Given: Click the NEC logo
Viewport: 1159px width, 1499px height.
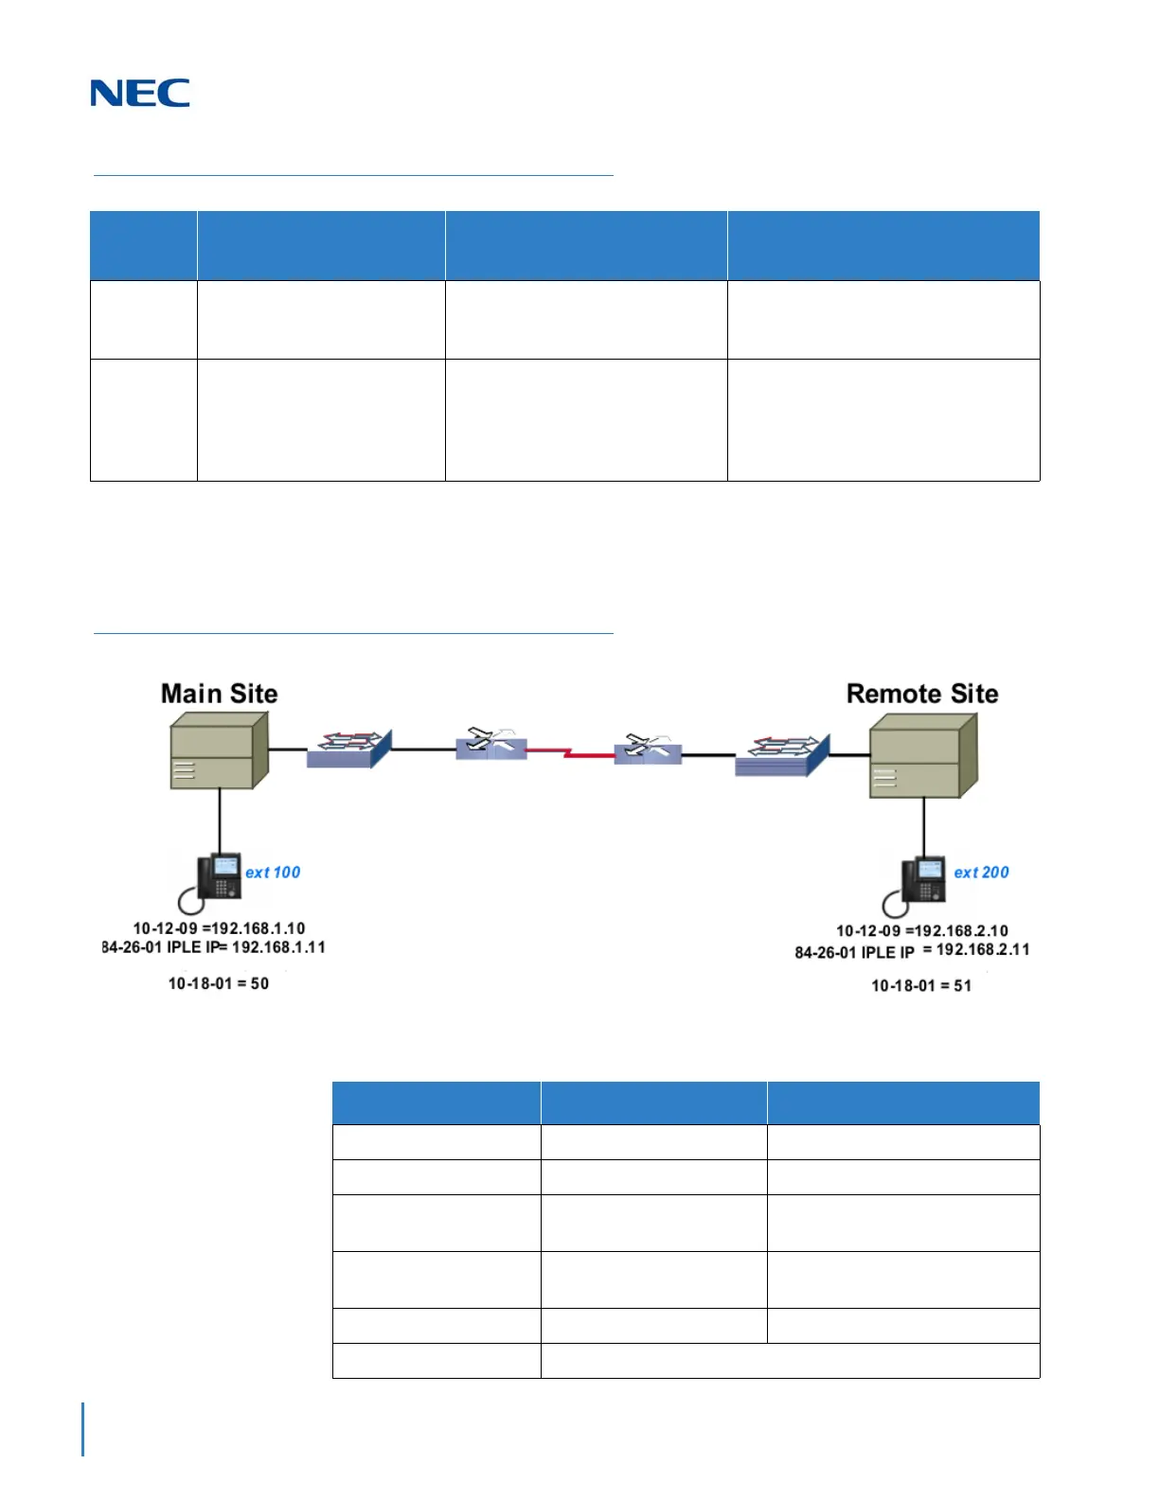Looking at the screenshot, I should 140,93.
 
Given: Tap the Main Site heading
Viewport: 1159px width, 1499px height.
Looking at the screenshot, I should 219,694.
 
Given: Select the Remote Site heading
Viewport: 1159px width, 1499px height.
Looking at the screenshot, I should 921,694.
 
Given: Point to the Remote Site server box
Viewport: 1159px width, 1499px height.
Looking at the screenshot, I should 922,756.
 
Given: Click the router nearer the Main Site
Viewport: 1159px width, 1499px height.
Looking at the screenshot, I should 490,745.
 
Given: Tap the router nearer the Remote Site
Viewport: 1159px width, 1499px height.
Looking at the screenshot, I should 648,749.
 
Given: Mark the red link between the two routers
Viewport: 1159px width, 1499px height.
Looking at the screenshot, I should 570,752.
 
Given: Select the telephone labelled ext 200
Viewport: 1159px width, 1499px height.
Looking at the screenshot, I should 922,880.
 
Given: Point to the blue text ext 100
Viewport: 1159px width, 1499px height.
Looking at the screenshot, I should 273,873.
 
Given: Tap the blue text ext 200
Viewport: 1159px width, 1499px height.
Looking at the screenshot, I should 981,873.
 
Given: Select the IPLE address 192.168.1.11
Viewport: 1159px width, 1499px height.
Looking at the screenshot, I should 278,947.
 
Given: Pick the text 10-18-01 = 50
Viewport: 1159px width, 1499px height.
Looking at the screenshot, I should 219,984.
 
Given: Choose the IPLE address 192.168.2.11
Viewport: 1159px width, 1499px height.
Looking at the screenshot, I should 983,950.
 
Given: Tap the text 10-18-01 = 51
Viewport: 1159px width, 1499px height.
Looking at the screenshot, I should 921,986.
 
